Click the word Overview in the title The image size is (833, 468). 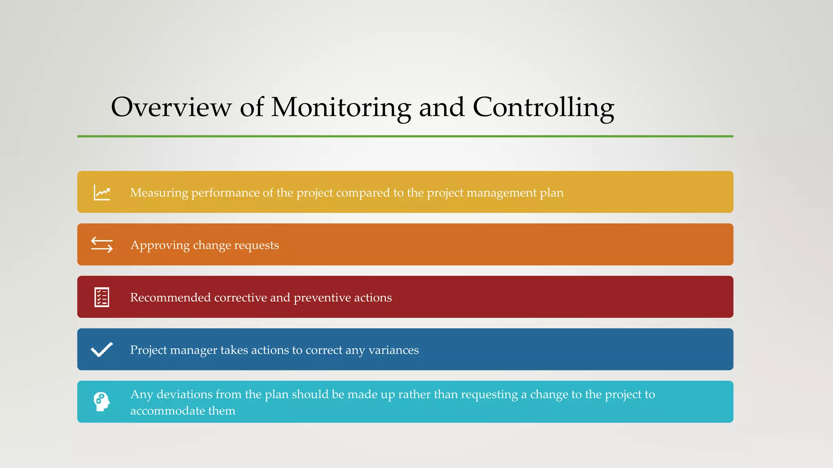pyautogui.click(x=171, y=107)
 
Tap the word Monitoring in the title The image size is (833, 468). pyautogui.click(x=341, y=108)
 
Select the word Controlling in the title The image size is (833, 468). pyautogui.click(x=543, y=108)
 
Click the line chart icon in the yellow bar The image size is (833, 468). pyautogui.click(x=102, y=193)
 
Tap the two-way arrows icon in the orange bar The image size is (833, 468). pyautogui.click(x=102, y=245)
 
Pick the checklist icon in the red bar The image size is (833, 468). pyautogui.click(x=102, y=297)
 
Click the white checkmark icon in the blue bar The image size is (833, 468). pyautogui.click(x=102, y=350)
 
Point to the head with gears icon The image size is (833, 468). pyautogui.click(x=102, y=402)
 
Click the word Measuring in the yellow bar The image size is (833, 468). pyautogui.click(x=159, y=193)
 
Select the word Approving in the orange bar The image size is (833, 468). pyautogui.click(x=160, y=245)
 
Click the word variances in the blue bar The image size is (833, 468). pyautogui.click(x=393, y=350)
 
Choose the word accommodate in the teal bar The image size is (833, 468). pyautogui.click(x=168, y=411)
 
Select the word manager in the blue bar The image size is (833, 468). pyautogui.click(x=194, y=350)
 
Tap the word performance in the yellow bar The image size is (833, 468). pyautogui.click(x=225, y=193)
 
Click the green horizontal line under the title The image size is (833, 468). pyautogui.click(x=405, y=136)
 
